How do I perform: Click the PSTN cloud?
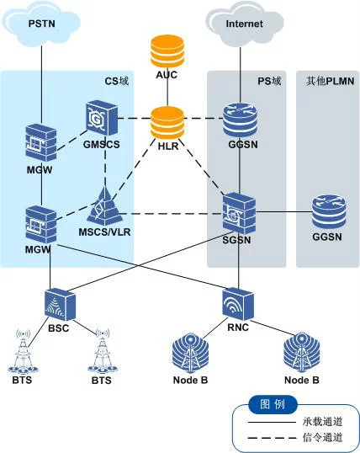click(41, 23)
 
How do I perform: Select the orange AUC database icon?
click(167, 51)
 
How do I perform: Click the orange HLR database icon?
click(167, 123)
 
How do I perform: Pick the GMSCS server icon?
click(102, 118)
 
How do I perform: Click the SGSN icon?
click(239, 215)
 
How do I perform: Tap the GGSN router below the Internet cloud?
click(241, 120)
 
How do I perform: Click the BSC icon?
click(60, 304)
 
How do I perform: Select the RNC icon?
click(238, 305)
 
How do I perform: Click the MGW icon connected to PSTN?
click(40, 142)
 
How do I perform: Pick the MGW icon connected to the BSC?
click(40, 225)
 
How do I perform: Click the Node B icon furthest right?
click(301, 353)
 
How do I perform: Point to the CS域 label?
click(117, 81)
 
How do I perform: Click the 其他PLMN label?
click(330, 81)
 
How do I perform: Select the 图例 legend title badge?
click(273, 404)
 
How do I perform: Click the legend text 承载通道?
click(322, 422)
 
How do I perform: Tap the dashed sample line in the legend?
click(273, 438)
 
